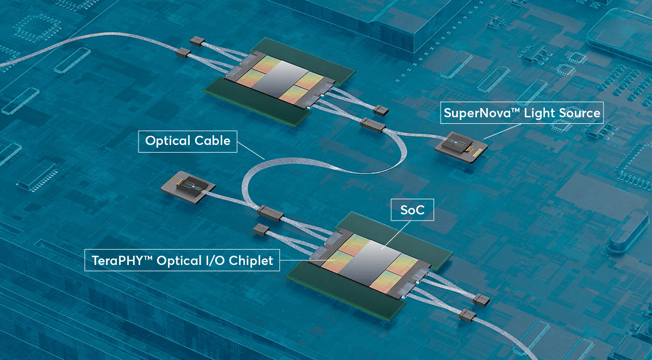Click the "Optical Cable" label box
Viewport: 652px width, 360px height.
click(187, 141)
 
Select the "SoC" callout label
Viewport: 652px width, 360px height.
click(412, 210)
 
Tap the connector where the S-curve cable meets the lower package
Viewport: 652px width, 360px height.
click(269, 213)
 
